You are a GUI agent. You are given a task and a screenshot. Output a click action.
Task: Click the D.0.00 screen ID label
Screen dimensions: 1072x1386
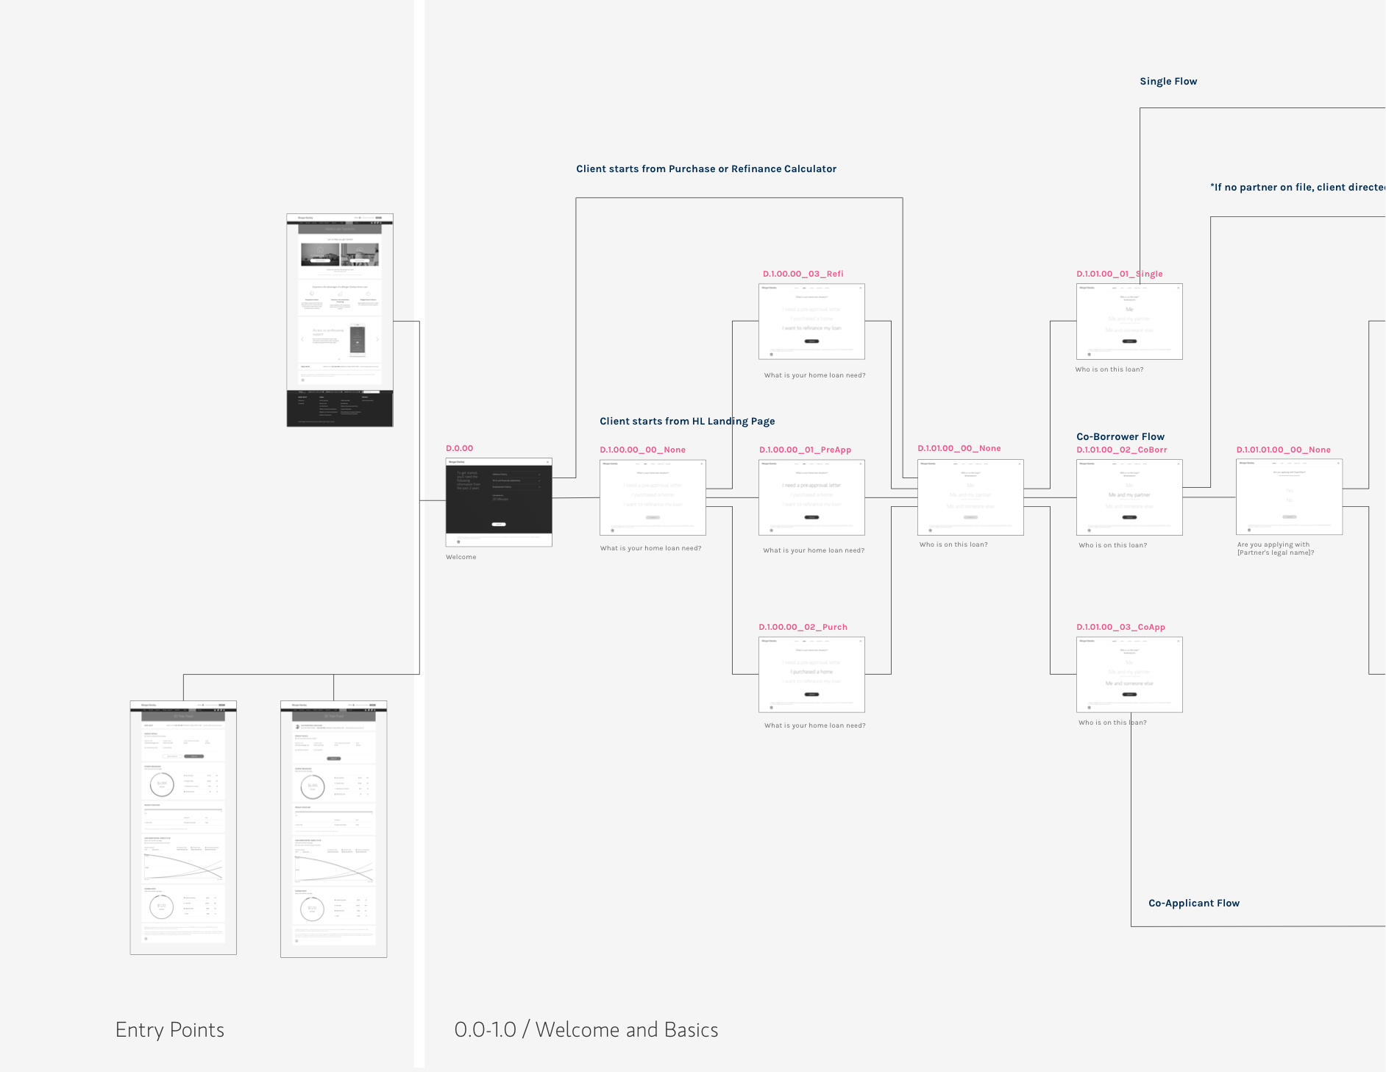pyautogui.click(x=459, y=448)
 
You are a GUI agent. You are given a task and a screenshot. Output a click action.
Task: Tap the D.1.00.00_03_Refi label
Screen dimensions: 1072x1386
pyautogui.click(x=803, y=274)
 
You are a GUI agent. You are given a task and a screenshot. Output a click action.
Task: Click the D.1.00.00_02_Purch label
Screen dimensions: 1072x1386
pyautogui.click(x=803, y=627)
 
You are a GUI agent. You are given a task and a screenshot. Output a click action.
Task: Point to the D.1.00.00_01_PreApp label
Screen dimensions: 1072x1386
pyautogui.click(x=805, y=450)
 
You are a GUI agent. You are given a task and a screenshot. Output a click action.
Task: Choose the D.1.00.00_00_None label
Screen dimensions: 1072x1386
pyautogui.click(x=642, y=450)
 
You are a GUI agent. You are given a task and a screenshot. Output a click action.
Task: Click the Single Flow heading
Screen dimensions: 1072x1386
pyautogui.click(x=1168, y=82)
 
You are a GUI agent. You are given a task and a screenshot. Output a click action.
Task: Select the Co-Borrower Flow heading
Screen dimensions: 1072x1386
pyautogui.click(x=1120, y=436)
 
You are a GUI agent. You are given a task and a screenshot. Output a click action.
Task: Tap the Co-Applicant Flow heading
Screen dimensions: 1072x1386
pyautogui.click(x=1193, y=903)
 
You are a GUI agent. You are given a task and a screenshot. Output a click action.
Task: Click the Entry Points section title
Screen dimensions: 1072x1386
pyautogui.click(x=170, y=1029)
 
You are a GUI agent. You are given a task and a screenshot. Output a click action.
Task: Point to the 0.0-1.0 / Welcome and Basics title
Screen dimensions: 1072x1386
pyautogui.click(x=586, y=1029)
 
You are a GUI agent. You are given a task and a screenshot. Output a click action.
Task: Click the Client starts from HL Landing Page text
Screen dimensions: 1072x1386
pyautogui.click(x=687, y=421)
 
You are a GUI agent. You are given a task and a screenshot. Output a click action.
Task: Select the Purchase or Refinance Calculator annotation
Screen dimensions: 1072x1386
pyautogui.click(x=706, y=168)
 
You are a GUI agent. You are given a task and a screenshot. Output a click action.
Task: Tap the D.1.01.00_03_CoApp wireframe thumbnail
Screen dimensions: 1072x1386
pyautogui.click(x=1129, y=674)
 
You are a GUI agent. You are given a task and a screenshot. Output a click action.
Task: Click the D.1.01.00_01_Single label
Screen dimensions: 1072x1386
pyautogui.click(x=1119, y=274)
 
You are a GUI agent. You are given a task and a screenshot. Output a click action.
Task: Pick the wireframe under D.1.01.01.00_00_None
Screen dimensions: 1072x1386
pyautogui.click(x=1289, y=497)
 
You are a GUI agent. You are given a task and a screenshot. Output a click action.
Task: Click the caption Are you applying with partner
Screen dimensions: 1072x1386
pyautogui.click(x=1275, y=549)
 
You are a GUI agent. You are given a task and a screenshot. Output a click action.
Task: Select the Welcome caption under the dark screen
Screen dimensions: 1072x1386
pyautogui.click(x=461, y=557)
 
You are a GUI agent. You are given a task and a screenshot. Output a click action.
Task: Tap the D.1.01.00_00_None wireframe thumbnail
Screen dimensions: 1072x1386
pyautogui.click(x=970, y=497)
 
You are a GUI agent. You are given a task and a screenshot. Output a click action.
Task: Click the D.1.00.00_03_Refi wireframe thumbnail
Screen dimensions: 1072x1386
pyautogui.click(x=811, y=322)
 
